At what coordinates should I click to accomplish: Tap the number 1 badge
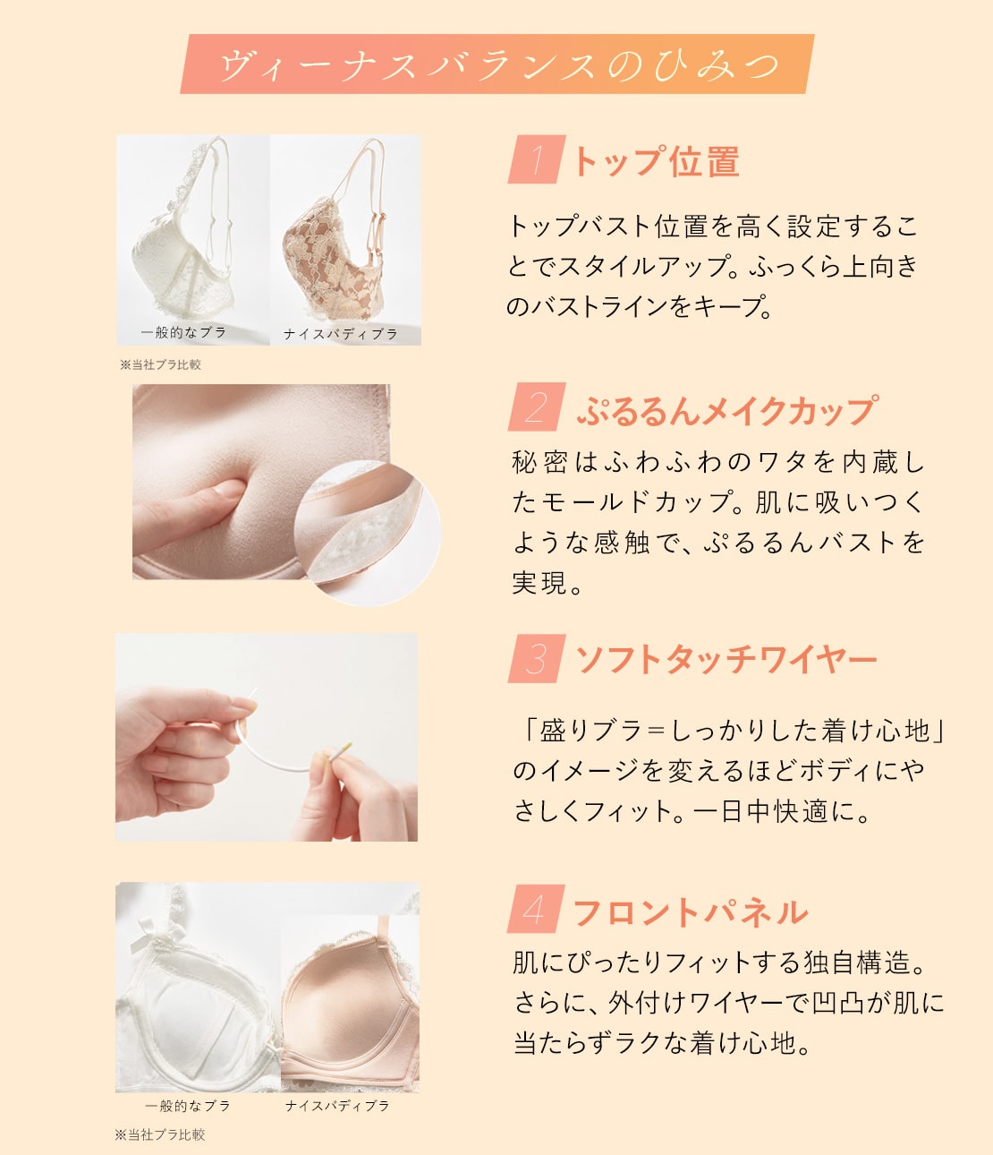tap(537, 159)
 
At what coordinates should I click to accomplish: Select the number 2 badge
tap(537, 406)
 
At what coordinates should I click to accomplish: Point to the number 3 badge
tap(537, 659)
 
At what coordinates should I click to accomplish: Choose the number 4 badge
tap(536, 909)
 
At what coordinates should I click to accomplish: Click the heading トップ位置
tap(657, 161)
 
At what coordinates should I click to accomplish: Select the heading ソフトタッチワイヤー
tap(726, 661)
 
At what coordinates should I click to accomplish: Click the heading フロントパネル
tap(691, 912)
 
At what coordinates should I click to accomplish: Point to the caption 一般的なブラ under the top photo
tap(183, 332)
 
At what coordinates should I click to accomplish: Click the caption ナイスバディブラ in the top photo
tap(341, 334)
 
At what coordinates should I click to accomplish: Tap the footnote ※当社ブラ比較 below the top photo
tap(160, 365)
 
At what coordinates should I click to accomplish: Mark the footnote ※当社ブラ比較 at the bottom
tap(160, 1134)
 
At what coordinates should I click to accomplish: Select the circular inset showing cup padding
tap(368, 533)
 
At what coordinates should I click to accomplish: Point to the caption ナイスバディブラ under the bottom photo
tap(337, 1105)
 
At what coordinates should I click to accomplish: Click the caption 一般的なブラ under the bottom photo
tap(188, 1105)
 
